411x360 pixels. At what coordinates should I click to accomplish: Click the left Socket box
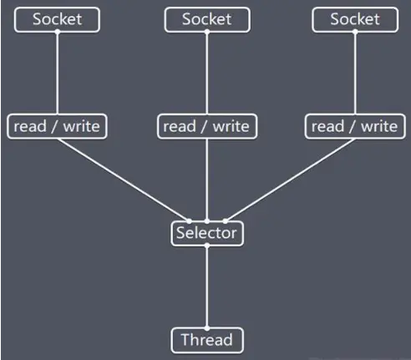coord(58,19)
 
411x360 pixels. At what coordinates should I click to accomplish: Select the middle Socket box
coord(206,19)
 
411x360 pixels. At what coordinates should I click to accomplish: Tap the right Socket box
coord(355,19)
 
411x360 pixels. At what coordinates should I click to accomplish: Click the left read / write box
coord(58,126)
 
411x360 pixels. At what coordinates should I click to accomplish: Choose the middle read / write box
coord(206,126)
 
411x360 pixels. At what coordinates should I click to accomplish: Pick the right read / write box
coord(355,126)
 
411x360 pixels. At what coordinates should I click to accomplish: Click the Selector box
coord(206,233)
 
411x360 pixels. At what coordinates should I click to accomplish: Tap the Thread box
coord(206,340)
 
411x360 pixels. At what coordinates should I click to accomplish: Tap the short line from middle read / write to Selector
coord(206,180)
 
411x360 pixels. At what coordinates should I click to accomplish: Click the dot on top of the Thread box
coord(206,328)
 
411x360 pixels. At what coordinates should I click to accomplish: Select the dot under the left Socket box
coord(58,32)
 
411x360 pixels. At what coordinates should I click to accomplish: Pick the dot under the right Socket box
coord(355,32)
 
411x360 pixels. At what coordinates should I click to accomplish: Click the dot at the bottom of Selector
coord(206,246)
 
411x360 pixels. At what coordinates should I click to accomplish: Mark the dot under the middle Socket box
coord(206,32)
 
